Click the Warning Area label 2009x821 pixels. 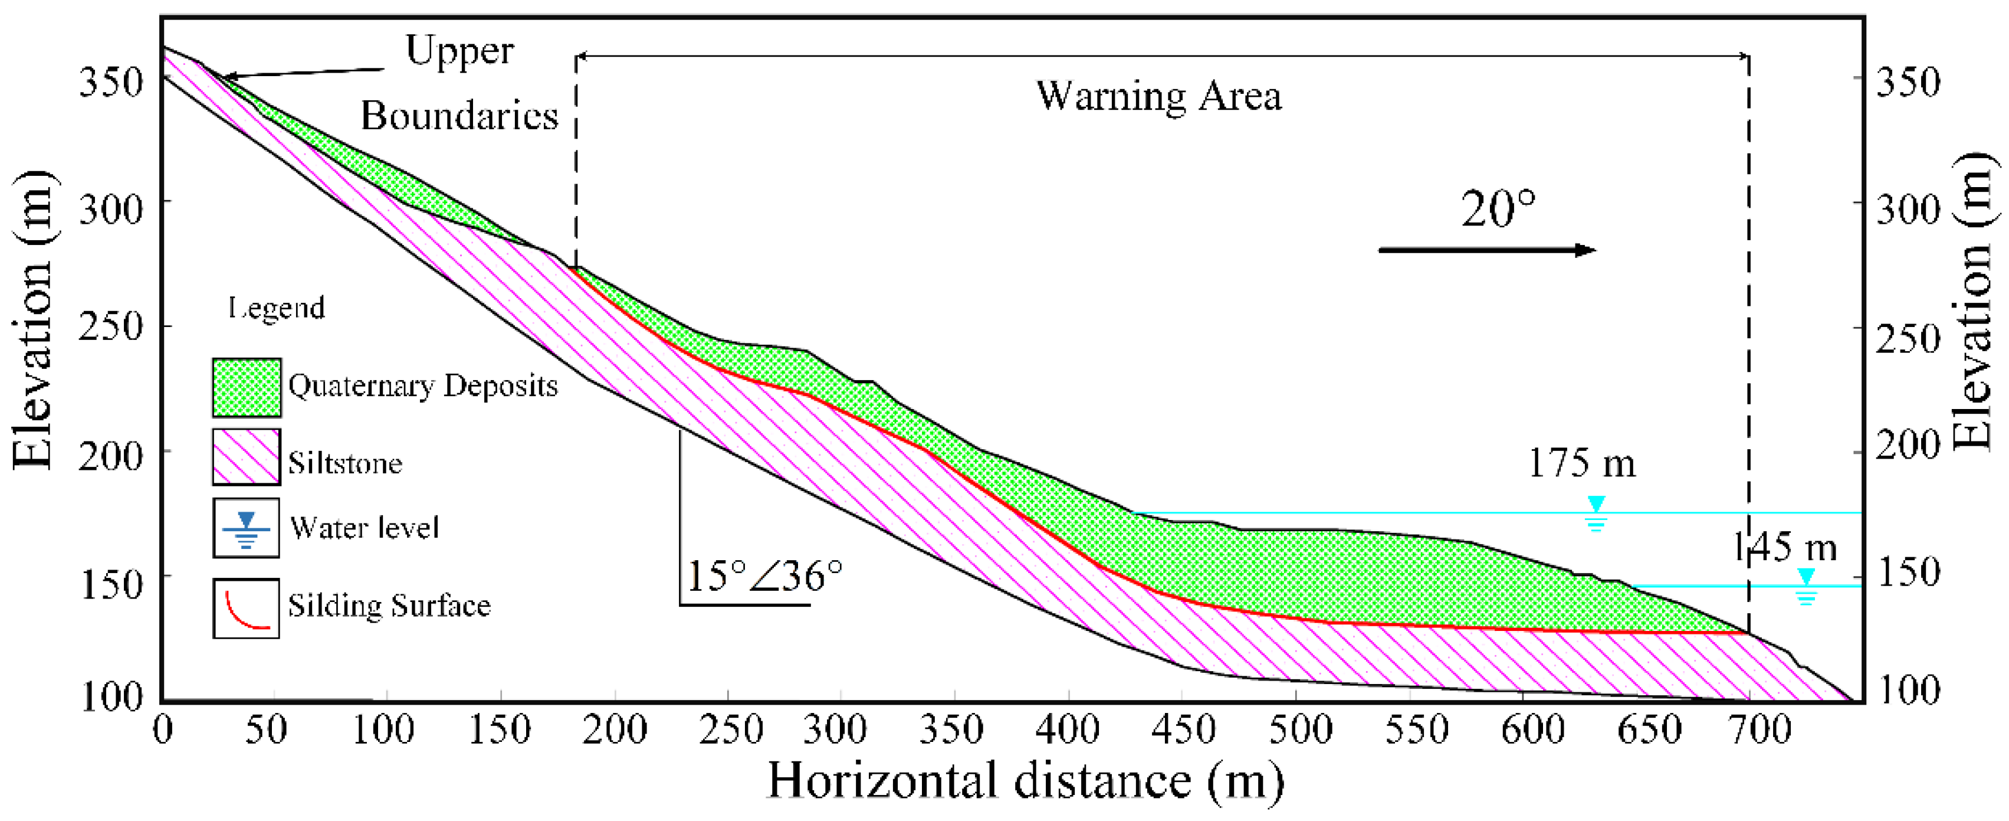pyautogui.click(x=1158, y=97)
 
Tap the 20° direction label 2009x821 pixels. pyautogui.click(x=1498, y=209)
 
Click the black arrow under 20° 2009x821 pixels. pyautogui.click(x=1486, y=250)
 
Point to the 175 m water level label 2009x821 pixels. pyautogui.click(x=1581, y=463)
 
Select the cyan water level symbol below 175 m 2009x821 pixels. pyautogui.click(x=1596, y=513)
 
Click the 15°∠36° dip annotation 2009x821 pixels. pyautogui.click(x=764, y=576)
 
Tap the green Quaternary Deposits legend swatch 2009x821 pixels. pyautogui.click(x=247, y=387)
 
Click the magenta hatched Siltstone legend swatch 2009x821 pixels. pyautogui.click(x=247, y=457)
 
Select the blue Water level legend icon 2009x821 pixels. pyautogui.click(x=247, y=528)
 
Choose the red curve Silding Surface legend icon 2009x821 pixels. pyautogui.click(x=247, y=608)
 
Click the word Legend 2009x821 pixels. pyautogui.click(x=277, y=308)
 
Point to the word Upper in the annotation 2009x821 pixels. pyautogui.click(x=459, y=51)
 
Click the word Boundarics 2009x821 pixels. pyautogui.click(x=459, y=116)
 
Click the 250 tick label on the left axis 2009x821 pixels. pyautogui.click(x=111, y=326)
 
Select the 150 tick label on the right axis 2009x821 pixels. pyautogui.click(x=1908, y=573)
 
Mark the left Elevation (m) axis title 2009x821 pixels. pyautogui.click(x=33, y=320)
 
